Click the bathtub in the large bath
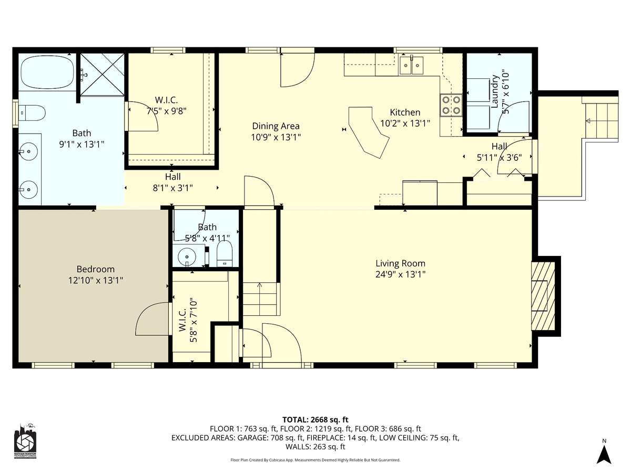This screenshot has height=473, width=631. click(47, 72)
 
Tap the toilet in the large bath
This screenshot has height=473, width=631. click(32, 113)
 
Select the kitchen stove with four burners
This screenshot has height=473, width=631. click(451, 105)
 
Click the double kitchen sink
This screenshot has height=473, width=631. click(411, 65)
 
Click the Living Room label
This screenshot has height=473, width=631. click(400, 263)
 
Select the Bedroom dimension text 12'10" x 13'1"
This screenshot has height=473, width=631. click(96, 280)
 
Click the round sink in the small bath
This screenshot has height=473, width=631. click(187, 256)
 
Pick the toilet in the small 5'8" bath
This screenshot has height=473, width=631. click(224, 254)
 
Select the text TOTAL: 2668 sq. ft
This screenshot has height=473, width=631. click(315, 420)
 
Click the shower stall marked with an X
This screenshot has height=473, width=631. click(102, 74)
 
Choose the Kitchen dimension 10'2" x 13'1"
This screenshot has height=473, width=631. click(405, 124)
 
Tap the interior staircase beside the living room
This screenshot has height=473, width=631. click(261, 299)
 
